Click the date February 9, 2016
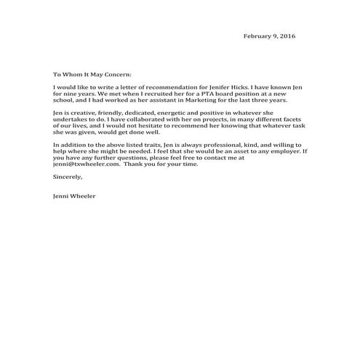tap(269, 36)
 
